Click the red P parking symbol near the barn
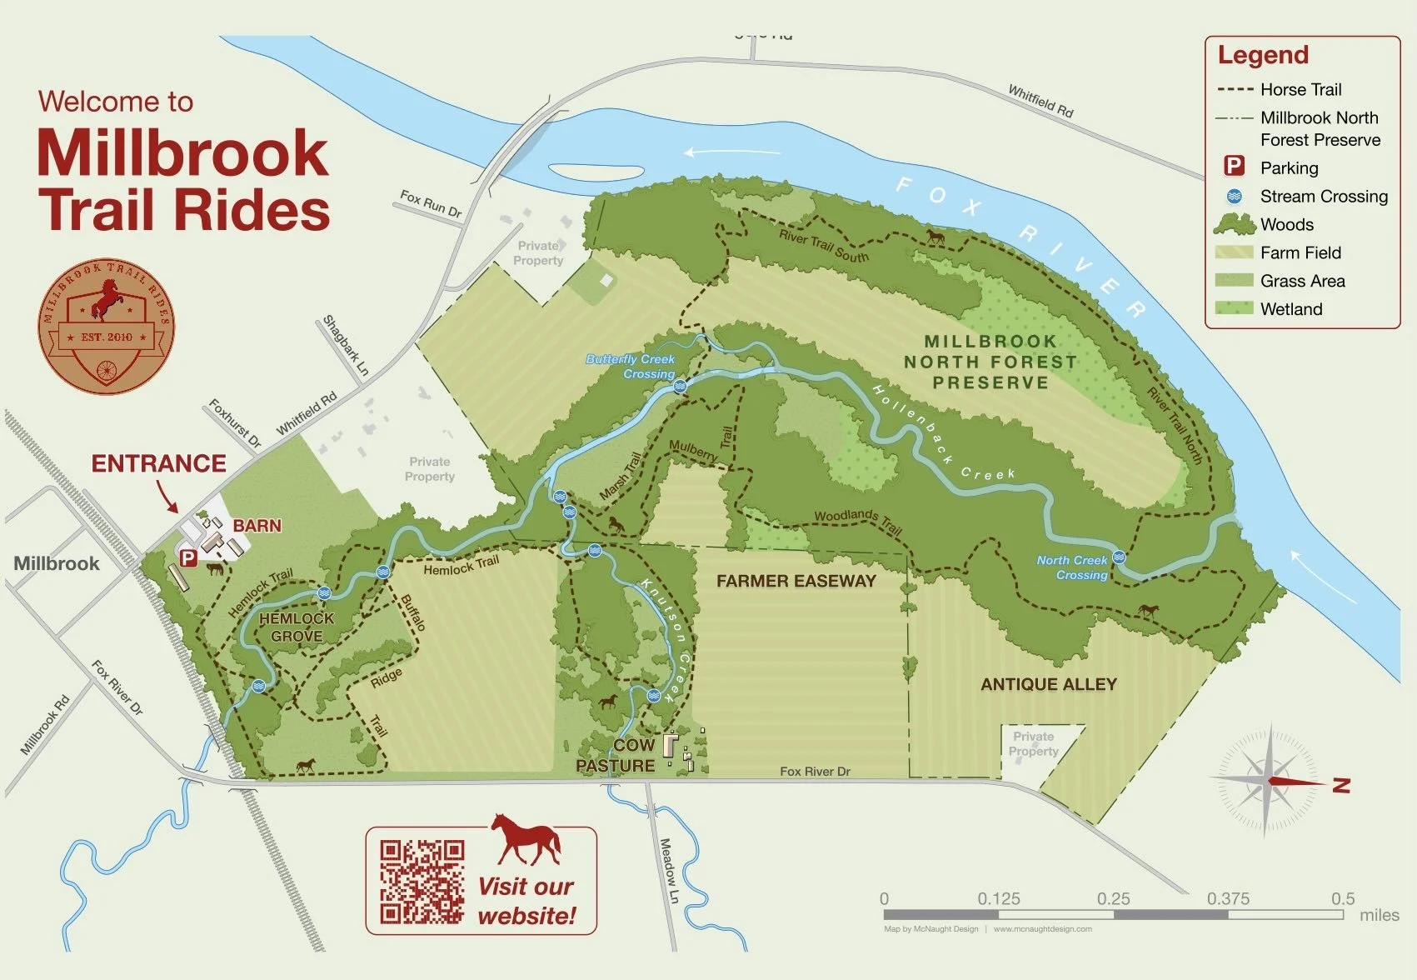pos(188,558)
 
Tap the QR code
pos(422,881)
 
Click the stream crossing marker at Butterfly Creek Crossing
pos(680,386)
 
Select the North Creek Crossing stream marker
pos(1119,557)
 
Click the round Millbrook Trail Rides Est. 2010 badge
pos(106,326)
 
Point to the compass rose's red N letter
pos(1341,784)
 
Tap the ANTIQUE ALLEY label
pos(1048,684)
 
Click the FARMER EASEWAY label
pos(796,581)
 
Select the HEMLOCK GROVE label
pos(296,627)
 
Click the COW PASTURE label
pos(616,755)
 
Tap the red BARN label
pos(257,526)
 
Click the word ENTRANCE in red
pos(158,463)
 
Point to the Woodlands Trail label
pos(857,521)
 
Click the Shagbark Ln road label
pos(346,344)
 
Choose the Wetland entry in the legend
pos(1290,309)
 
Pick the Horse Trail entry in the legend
pos(1300,89)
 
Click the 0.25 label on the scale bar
pos(1113,898)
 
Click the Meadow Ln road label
pos(668,871)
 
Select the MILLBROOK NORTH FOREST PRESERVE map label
pos(990,362)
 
